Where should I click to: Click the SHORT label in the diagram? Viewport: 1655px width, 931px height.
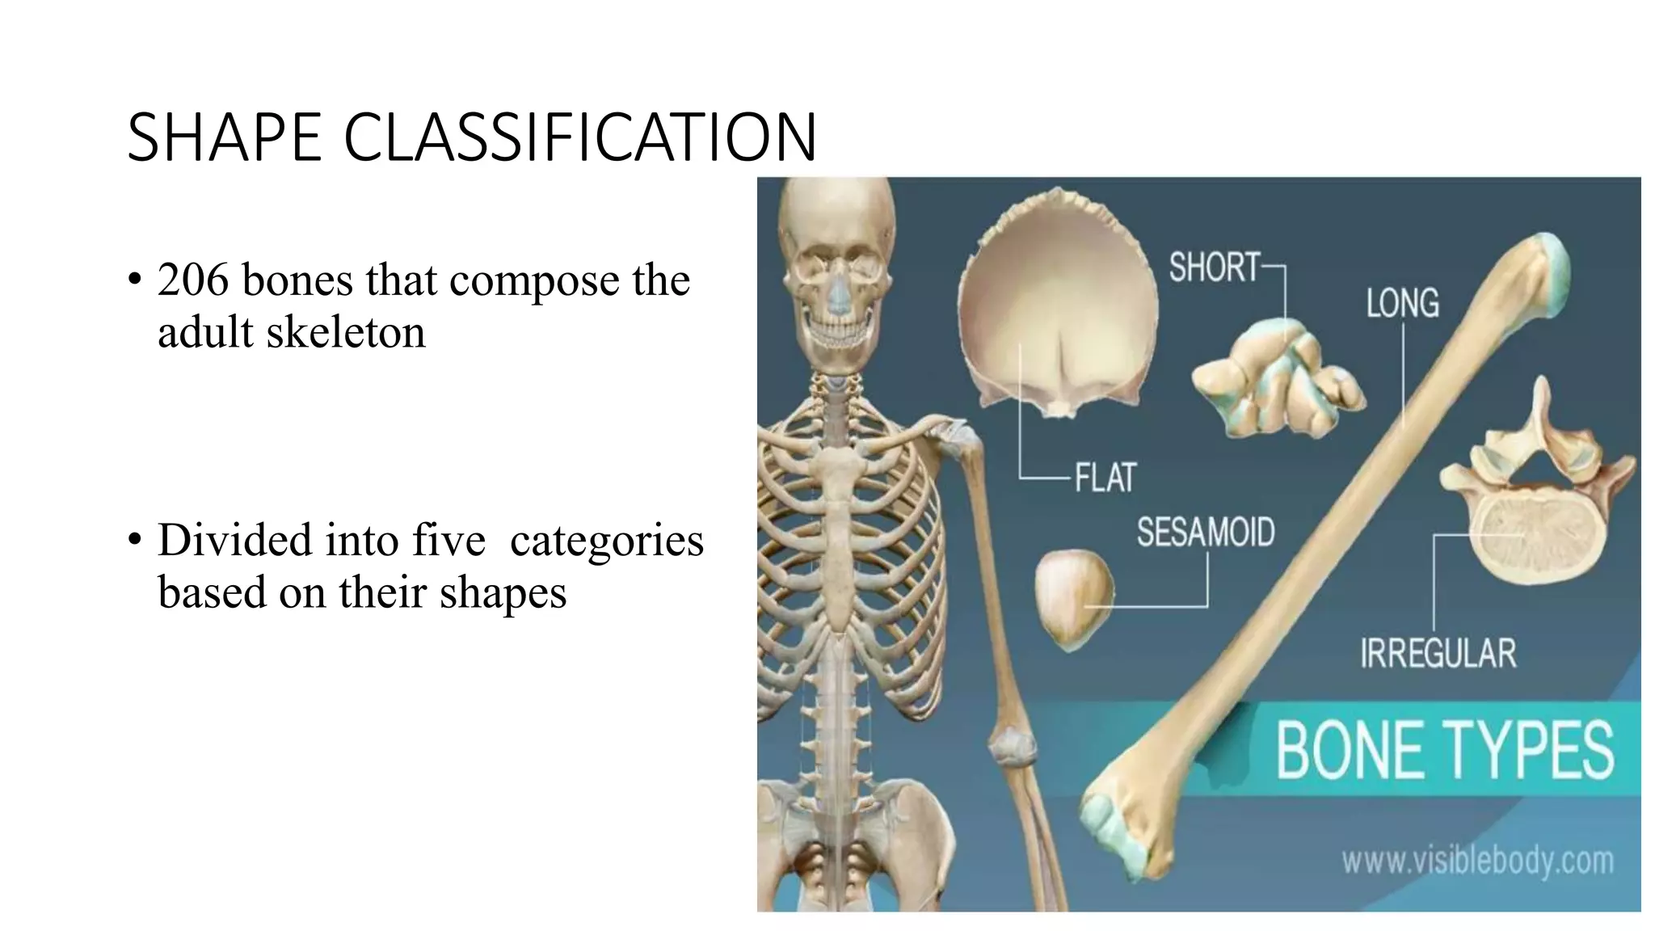point(1215,268)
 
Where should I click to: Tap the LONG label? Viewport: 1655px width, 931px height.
point(1402,304)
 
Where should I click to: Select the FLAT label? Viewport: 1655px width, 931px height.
point(1105,478)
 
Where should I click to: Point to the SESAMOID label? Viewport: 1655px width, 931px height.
point(1206,533)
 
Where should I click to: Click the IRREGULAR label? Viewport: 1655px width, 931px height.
point(1438,654)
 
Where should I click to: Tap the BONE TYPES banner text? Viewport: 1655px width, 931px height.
point(1444,751)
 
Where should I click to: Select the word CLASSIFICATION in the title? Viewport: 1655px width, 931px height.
point(580,137)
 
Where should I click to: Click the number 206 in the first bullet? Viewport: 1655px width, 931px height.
point(193,280)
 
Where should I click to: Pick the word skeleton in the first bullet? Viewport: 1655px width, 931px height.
point(345,332)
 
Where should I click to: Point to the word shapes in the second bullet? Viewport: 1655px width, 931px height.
point(503,592)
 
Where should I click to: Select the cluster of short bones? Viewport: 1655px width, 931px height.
point(1277,380)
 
